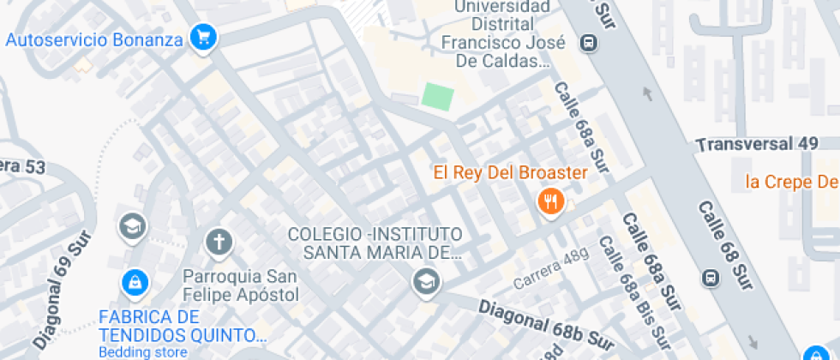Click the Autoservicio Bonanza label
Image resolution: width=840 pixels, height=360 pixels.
point(94,39)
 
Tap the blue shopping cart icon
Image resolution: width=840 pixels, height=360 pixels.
point(203,37)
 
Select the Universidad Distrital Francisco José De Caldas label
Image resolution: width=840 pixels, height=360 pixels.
point(495,34)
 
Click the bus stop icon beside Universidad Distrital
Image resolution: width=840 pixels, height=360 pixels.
point(589,42)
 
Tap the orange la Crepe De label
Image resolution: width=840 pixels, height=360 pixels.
point(790,181)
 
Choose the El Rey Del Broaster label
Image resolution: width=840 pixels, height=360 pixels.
point(510,172)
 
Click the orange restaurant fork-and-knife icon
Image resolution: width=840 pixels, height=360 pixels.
point(549,202)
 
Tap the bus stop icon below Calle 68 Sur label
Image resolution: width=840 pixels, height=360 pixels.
point(710,278)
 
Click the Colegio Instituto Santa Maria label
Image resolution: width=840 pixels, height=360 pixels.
point(375,243)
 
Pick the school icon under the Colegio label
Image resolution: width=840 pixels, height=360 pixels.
point(424,279)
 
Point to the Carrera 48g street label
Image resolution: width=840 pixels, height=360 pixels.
point(551,270)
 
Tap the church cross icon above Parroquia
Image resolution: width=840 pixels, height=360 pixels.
point(219,243)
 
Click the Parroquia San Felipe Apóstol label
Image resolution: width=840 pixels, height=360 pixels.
point(241,285)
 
